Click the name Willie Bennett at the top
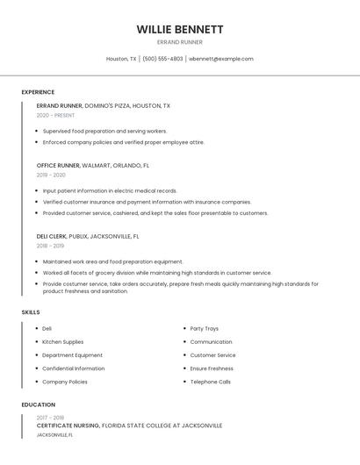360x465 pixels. [179, 29]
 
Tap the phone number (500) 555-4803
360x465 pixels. [162, 59]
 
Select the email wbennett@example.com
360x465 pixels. [222, 59]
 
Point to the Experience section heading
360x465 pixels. [38, 92]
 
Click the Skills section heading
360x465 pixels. [31, 312]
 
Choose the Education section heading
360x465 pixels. [39, 404]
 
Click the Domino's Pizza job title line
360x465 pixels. [104, 105]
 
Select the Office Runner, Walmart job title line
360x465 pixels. [93, 165]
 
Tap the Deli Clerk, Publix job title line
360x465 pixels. [88, 236]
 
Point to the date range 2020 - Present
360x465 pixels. [57, 115]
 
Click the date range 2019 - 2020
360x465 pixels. [50, 175]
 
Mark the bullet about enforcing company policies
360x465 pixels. [123, 142]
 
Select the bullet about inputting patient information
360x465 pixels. [110, 190]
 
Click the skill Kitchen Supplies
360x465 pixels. [63, 342]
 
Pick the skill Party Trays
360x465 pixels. [204, 328]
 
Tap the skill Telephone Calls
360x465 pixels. [211, 382]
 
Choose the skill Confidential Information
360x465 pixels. [73, 368]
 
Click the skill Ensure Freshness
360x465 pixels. [212, 368]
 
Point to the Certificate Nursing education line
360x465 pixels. [129, 426]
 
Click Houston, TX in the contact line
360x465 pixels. [121, 59]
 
